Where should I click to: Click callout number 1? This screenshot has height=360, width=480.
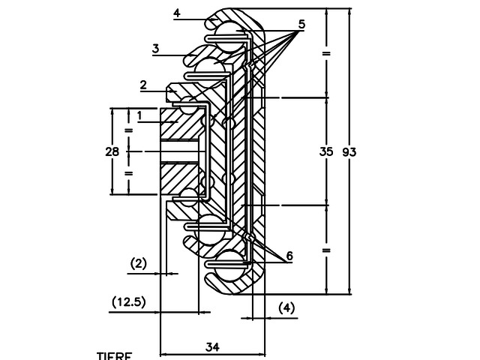[x=139, y=114]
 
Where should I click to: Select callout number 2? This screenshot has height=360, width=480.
[x=142, y=85]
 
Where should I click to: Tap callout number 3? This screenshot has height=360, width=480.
[x=155, y=49]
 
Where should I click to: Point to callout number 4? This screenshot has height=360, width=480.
[x=176, y=13]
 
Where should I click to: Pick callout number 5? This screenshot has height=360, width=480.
[x=301, y=24]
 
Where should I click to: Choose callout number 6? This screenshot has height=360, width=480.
[x=289, y=256]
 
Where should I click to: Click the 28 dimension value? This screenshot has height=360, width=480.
[x=112, y=151]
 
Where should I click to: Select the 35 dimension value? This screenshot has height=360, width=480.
[x=325, y=151]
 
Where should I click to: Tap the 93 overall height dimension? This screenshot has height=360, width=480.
[x=349, y=151]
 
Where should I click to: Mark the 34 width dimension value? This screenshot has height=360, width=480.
[x=212, y=346]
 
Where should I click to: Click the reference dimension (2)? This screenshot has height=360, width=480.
[x=139, y=263]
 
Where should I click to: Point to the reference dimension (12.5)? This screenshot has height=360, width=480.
[x=128, y=301]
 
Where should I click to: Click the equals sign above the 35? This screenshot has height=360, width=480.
[x=325, y=54]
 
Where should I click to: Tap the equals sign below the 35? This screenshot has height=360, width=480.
[x=325, y=249]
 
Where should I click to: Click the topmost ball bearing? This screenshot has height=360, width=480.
[x=229, y=31]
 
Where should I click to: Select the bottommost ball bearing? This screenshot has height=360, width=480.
[x=229, y=264]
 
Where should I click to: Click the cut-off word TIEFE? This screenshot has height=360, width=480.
[x=114, y=355]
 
